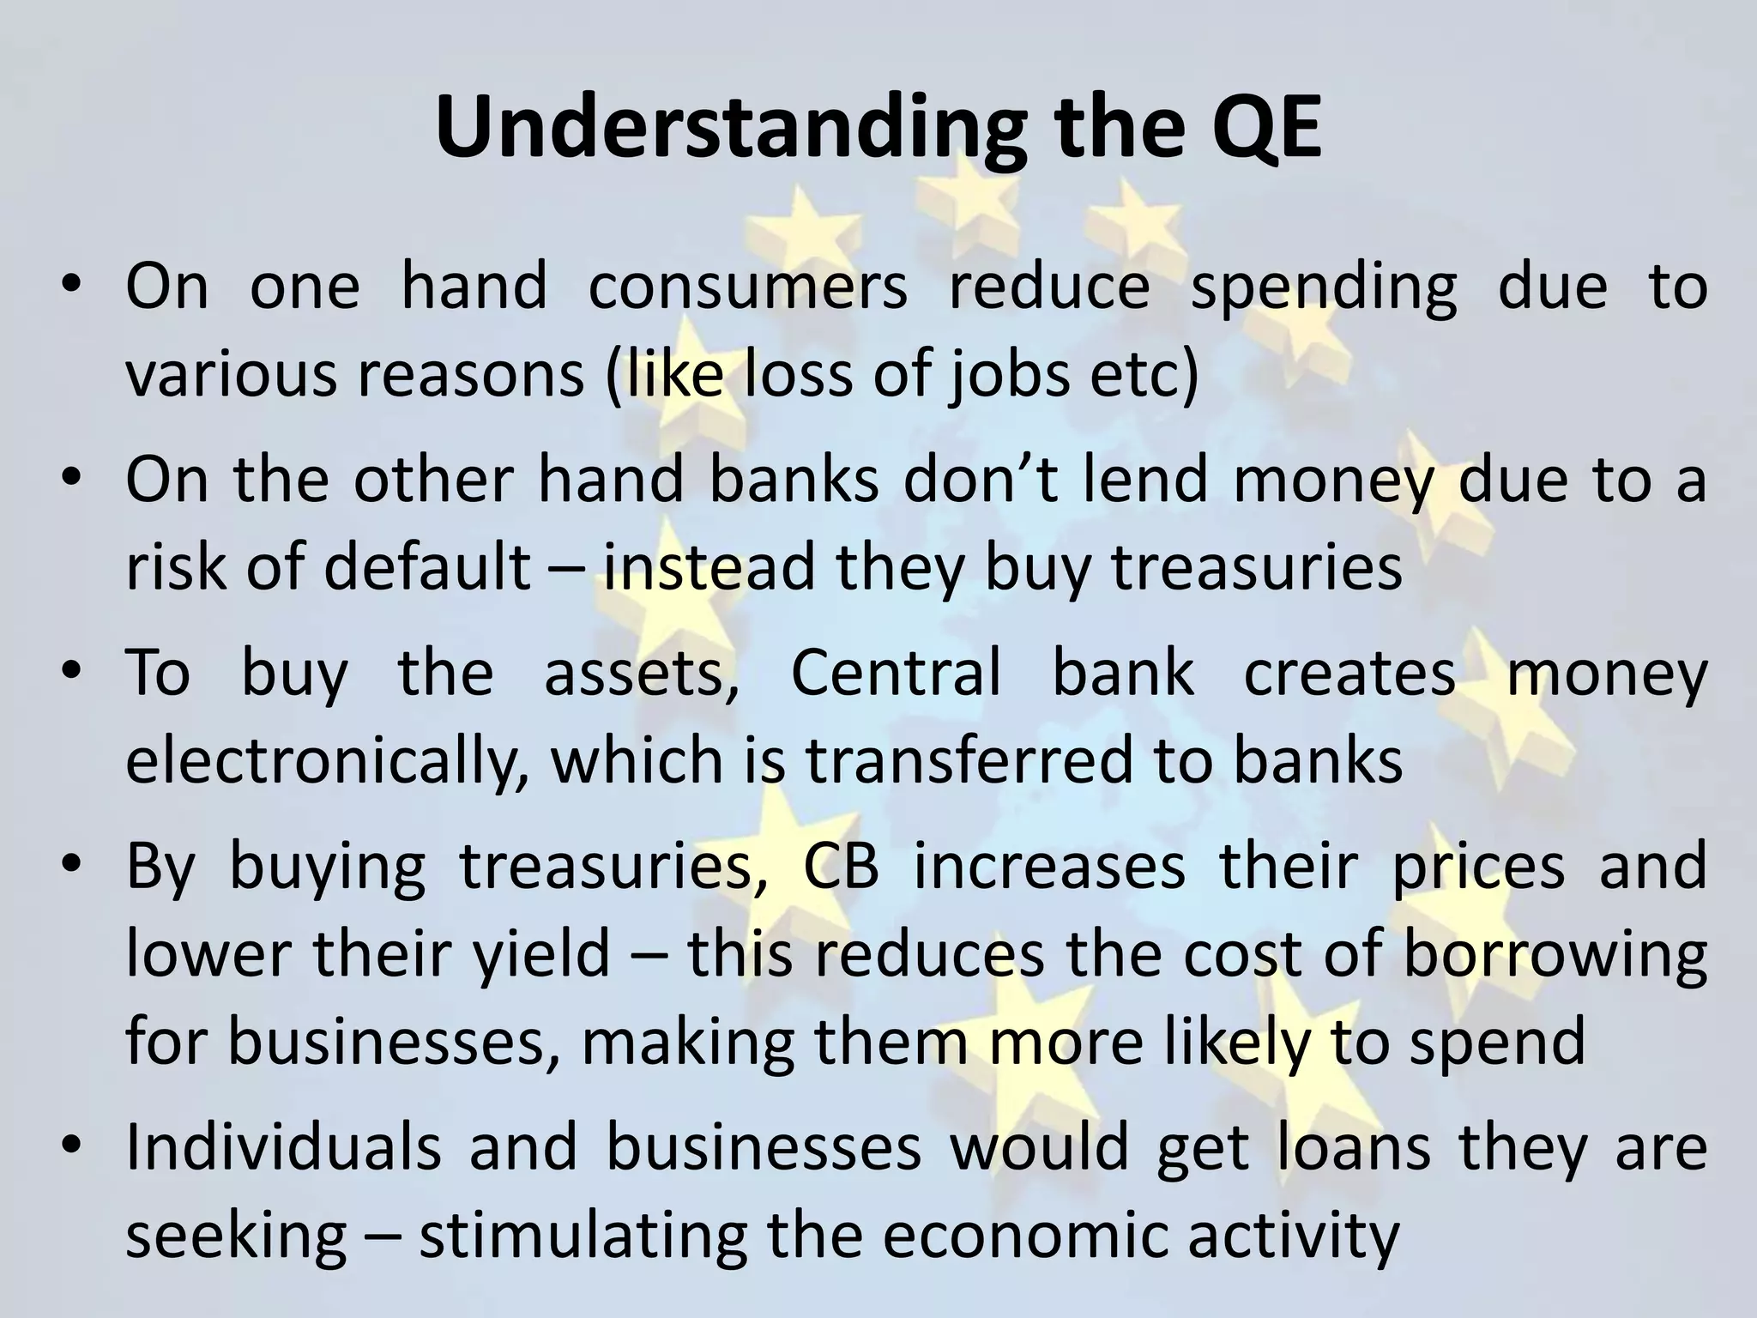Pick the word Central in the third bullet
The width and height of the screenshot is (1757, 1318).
[x=895, y=673]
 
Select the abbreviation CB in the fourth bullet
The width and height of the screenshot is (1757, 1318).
[x=842, y=867]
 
